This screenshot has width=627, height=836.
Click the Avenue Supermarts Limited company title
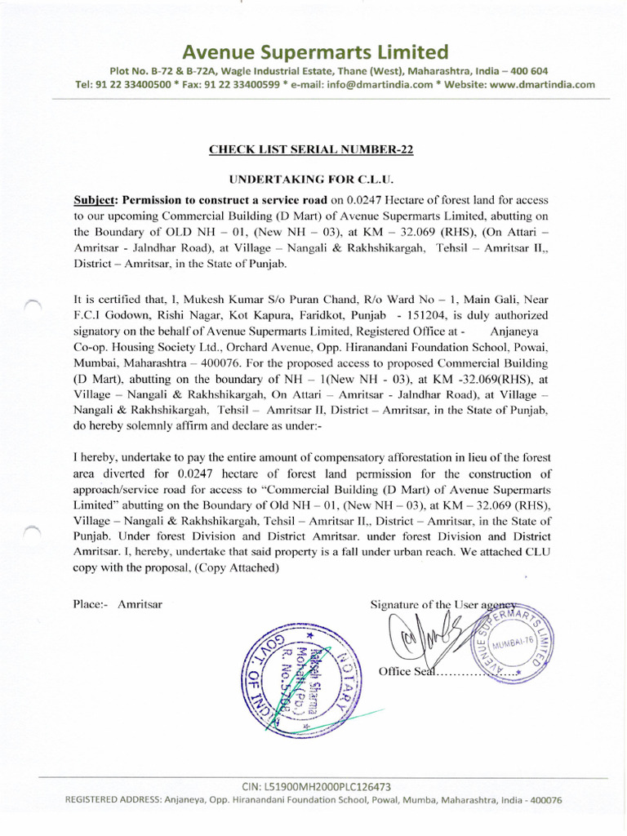tap(314, 53)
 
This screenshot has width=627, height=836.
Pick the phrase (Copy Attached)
tap(233, 567)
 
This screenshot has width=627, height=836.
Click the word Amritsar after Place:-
tap(140, 604)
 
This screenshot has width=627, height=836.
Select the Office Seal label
tap(406, 671)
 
